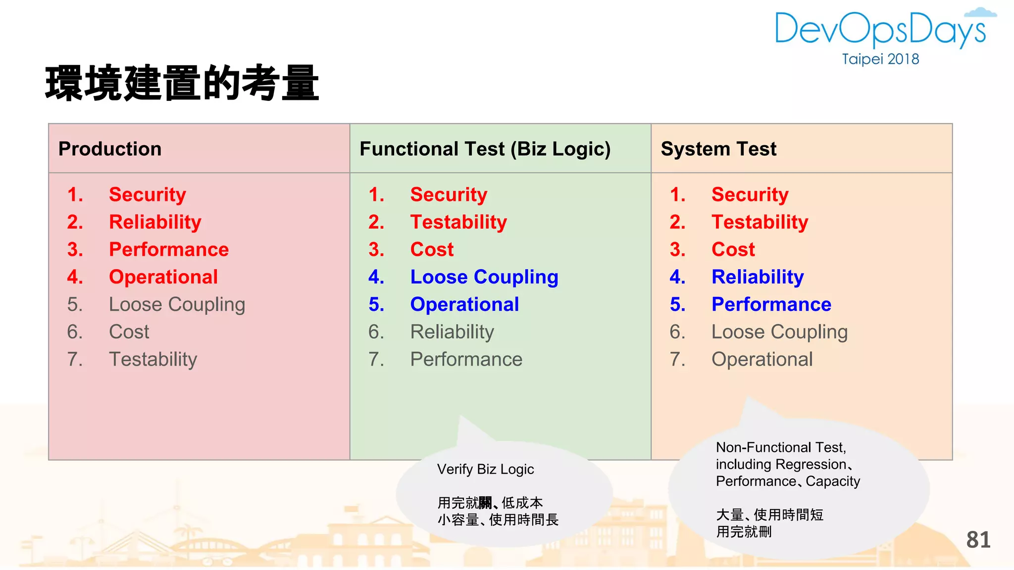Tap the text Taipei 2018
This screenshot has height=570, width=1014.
[x=880, y=59]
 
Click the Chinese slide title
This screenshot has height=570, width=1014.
[x=182, y=83]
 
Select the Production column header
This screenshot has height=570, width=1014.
[x=110, y=149]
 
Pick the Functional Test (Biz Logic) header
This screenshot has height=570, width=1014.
[x=485, y=149]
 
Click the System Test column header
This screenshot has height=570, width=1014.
[x=718, y=149]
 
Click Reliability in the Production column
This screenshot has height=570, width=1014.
[x=155, y=222]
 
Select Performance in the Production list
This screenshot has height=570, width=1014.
[x=169, y=249]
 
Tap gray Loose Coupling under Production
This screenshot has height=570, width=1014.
[x=177, y=304]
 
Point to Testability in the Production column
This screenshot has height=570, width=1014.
[x=153, y=359]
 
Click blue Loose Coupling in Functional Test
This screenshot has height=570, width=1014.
[x=484, y=277]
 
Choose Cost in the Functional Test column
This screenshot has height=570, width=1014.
[x=432, y=249]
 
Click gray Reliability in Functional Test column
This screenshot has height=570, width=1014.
[x=452, y=332]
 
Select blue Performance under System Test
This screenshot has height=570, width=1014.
[x=771, y=304]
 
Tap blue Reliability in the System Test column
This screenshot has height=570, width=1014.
[x=758, y=277]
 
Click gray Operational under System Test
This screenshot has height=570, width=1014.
[x=762, y=359]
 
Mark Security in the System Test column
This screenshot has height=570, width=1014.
[x=750, y=194]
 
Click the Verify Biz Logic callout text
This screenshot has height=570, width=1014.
[x=485, y=469]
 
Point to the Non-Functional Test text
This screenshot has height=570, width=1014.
[x=781, y=448]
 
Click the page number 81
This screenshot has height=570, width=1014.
[x=978, y=540]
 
